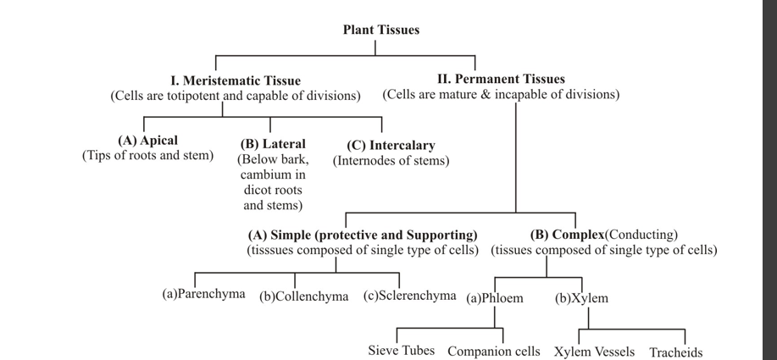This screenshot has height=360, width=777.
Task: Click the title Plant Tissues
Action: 380,30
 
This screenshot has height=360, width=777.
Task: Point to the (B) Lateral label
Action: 273,144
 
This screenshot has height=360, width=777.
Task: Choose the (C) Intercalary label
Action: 391,145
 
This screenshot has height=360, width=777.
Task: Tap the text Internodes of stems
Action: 391,160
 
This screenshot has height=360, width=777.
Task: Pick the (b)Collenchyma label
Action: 303,296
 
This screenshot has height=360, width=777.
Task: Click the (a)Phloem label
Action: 495,298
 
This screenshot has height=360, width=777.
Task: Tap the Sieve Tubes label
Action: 401,351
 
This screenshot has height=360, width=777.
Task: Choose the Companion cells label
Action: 493,351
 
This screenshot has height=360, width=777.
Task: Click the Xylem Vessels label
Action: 595,352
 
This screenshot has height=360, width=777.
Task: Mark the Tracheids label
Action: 675,352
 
